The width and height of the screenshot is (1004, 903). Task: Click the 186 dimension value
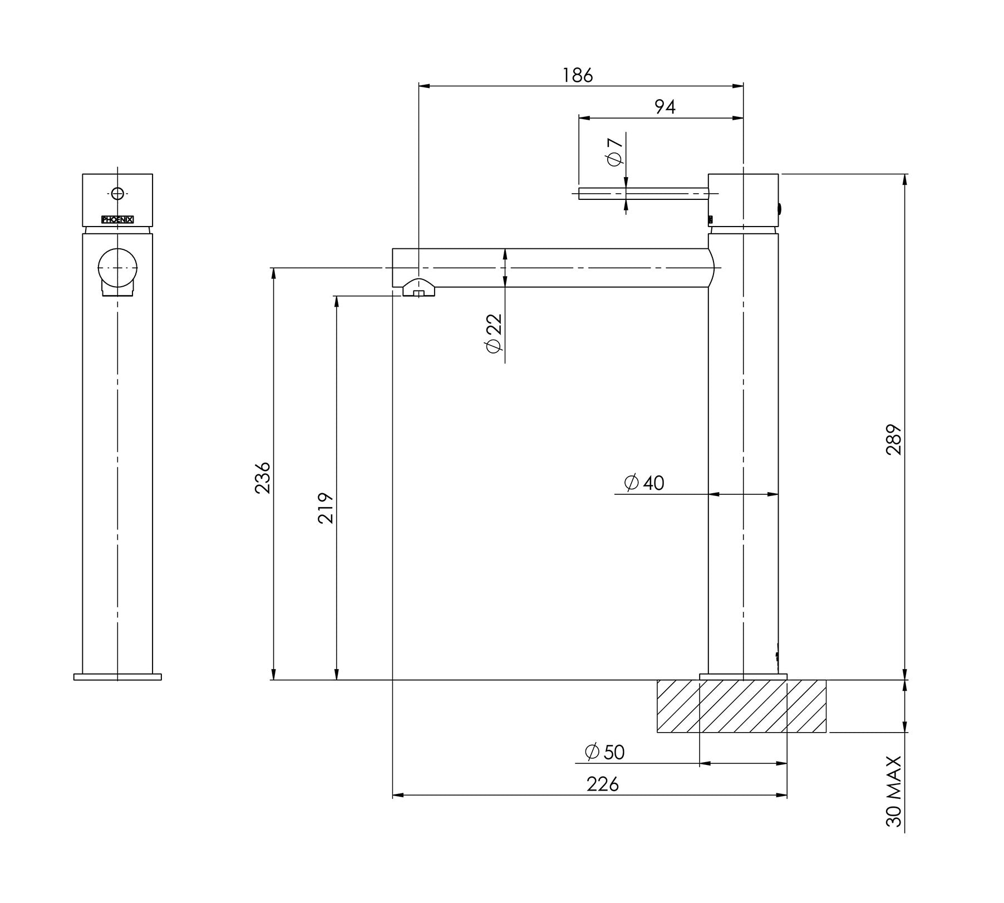tap(578, 75)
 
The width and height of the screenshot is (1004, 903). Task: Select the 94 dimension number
tap(665, 107)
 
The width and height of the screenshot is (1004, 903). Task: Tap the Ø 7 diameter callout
tap(614, 151)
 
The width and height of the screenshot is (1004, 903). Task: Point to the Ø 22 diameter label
tap(494, 333)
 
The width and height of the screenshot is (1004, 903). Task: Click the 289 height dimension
tap(893, 440)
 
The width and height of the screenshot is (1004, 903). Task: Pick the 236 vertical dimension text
tap(262, 478)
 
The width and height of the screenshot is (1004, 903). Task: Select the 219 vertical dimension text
tap(326, 508)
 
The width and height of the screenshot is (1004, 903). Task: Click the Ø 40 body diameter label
tap(644, 483)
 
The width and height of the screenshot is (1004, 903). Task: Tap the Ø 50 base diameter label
tap(605, 752)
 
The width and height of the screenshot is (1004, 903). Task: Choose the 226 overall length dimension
tap(602, 784)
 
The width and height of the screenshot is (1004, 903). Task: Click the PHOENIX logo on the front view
tap(117, 219)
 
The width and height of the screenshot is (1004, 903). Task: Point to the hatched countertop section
tap(741, 706)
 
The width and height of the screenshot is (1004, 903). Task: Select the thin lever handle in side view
tap(643, 193)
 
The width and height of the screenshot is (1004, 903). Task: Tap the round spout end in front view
tap(117, 268)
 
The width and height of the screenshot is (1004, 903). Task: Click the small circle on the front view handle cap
tap(117, 194)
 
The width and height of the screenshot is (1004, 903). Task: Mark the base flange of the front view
tap(117, 677)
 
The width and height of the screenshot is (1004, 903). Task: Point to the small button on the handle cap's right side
tap(780, 210)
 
